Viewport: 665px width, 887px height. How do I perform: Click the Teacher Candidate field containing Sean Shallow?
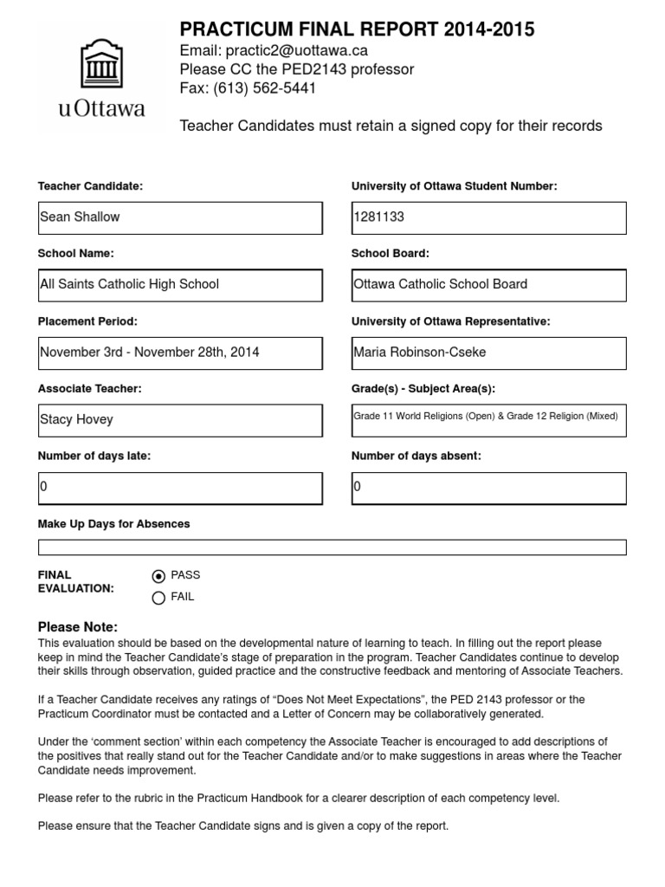[x=180, y=217]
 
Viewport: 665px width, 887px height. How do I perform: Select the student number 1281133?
[x=488, y=217]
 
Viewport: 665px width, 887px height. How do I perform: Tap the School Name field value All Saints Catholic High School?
[x=180, y=285]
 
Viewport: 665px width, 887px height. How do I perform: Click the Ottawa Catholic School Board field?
[x=488, y=285]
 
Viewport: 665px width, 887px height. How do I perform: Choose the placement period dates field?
[x=180, y=353]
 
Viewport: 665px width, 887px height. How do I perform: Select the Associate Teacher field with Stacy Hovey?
[x=180, y=420]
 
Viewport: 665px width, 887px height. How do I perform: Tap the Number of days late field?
[x=180, y=488]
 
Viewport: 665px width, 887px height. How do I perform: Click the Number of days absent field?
[x=488, y=488]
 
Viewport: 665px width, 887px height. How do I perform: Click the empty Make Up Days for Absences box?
[x=332, y=547]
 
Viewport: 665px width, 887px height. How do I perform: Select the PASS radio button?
[x=158, y=576]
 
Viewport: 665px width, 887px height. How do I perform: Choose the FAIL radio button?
[x=158, y=597]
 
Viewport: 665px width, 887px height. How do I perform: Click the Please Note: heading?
[x=78, y=627]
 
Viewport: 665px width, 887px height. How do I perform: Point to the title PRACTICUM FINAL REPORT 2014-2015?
[x=357, y=30]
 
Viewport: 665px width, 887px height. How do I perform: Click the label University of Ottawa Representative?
[x=450, y=321]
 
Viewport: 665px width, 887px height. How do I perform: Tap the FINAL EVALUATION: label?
[x=76, y=581]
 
